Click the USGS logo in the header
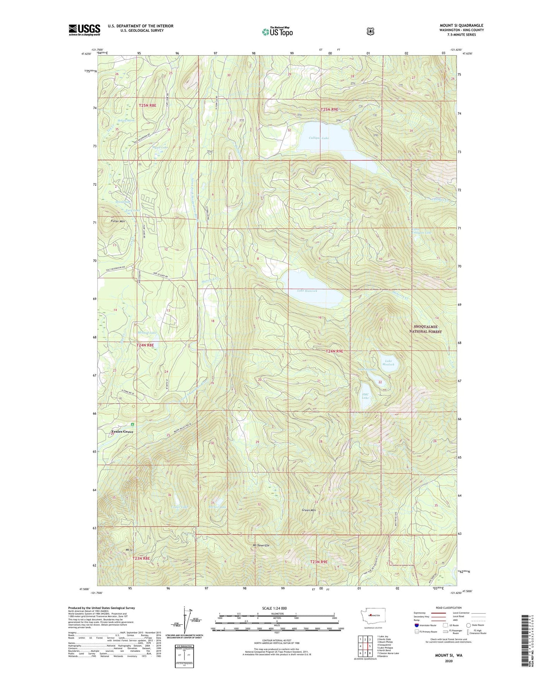pos(84,30)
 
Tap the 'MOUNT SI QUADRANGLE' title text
pos(461,26)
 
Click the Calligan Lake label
pos(319,138)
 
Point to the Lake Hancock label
pos(307,291)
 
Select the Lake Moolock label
pos(388,363)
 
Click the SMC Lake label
pos(365,396)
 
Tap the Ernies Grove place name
pos(122,432)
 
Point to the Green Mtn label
pos(309,510)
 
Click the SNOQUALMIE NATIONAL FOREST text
pos(426,329)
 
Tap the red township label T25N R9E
pos(329,110)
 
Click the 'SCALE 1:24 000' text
pos(274,608)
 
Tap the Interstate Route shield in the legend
pos(416,625)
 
